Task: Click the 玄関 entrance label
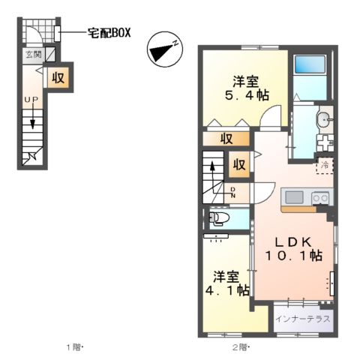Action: (x=33, y=55)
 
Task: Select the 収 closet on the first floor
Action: (x=58, y=76)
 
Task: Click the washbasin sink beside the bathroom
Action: (x=324, y=118)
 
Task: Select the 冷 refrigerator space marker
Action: (x=325, y=163)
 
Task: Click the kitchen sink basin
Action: (x=292, y=198)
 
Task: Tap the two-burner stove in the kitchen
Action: (x=319, y=198)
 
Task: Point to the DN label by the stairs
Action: (x=233, y=192)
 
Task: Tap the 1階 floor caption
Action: (x=73, y=348)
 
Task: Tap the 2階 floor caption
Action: (x=240, y=348)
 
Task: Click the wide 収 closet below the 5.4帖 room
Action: (x=226, y=138)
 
